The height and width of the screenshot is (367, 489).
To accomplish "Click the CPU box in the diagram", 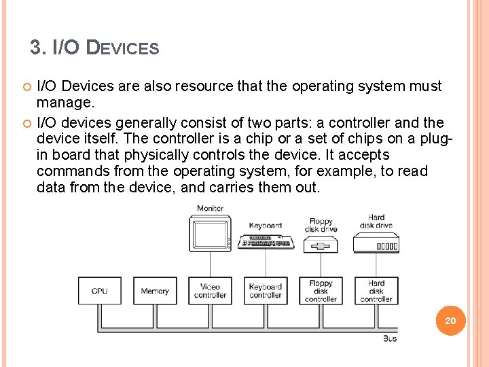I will (x=100, y=291).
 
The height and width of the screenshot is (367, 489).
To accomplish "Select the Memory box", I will (x=155, y=291).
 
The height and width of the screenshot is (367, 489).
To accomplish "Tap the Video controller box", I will (x=210, y=291).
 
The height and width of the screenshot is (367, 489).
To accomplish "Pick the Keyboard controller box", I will (x=265, y=291).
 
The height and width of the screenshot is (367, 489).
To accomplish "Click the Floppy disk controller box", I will (x=321, y=291).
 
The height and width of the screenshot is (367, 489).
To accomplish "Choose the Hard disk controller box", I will (x=376, y=291).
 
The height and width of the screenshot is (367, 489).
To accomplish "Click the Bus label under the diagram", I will (x=390, y=338).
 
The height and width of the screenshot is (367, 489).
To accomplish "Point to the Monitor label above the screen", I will (x=210, y=208).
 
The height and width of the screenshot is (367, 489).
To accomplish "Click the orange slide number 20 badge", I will (x=450, y=320).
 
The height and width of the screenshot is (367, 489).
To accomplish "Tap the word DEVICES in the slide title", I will (x=125, y=49).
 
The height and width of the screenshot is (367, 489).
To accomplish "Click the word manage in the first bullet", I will (x=65, y=103).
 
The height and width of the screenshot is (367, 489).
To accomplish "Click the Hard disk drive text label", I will (x=376, y=222).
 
